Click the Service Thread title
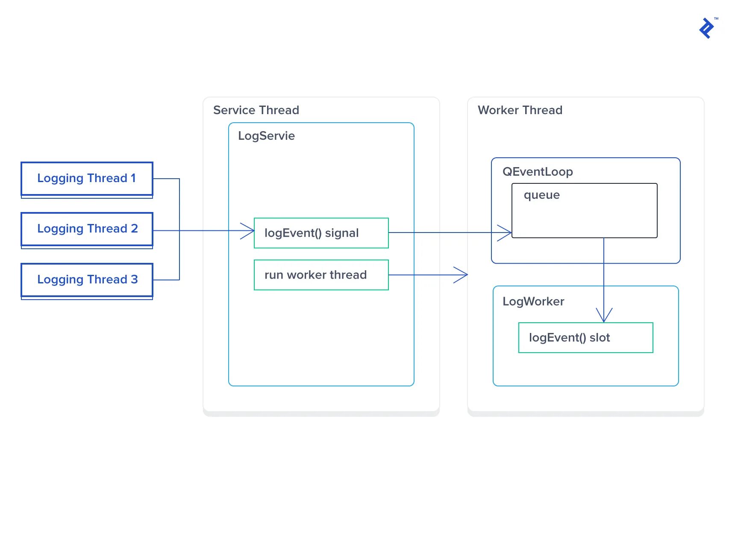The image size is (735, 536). tap(256, 110)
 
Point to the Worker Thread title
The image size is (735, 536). tap(520, 110)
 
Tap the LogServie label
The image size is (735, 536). tap(266, 136)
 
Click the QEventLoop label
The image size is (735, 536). tap(538, 172)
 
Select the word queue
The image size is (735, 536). tap(542, 195)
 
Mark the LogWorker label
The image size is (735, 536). tap(533, 301)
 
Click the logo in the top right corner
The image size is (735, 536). tap(707, 28)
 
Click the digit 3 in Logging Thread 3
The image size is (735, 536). tap(135, 280)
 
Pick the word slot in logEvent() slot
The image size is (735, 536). tap(600, 338)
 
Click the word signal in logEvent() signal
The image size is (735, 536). tap(342, 233)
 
